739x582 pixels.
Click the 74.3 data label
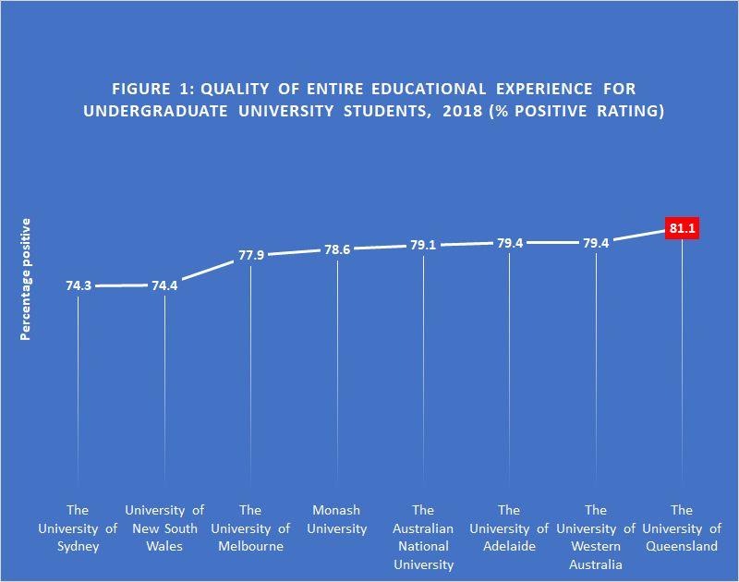tap(79, 286)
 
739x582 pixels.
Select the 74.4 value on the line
tap(164, 286)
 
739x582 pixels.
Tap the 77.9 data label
tap(251, 255)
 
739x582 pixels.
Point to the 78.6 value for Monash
tap(337, 249)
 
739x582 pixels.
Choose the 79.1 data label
tap(423, 246)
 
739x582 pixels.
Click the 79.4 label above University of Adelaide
tap(510, 243)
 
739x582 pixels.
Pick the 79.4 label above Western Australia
tap(596, 243)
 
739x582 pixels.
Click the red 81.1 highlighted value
tap(682, 227)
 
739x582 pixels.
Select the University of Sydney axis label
tap(78, 528)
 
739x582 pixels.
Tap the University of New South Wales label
tap(164, 528)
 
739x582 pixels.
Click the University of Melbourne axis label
tap(250, 528)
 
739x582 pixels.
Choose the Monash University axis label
tap(337, 519)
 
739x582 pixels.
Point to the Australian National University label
tap(423, 538)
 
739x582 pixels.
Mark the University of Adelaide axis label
tap(509, 528)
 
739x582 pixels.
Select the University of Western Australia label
tap(596, 538)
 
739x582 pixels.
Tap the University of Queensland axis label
tap(682, 528)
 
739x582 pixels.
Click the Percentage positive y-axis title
tap(26, 280)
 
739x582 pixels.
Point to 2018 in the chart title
tap(442, 112)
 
